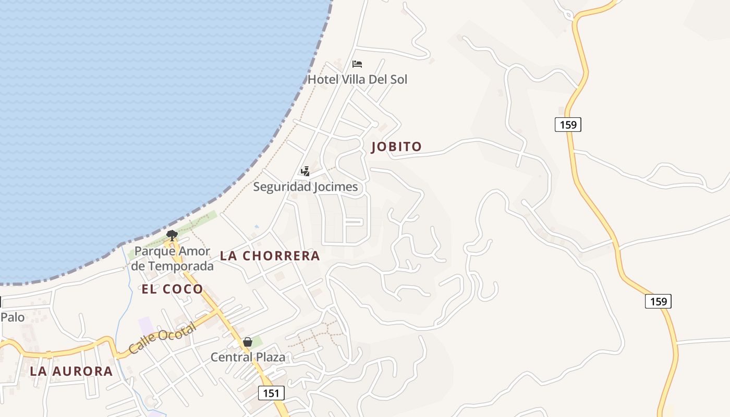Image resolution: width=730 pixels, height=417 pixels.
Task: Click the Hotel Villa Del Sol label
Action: pos(357,80)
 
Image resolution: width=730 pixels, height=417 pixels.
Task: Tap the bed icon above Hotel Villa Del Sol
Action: pos(357,64)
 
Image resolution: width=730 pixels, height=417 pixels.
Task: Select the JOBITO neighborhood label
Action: pos(396,147)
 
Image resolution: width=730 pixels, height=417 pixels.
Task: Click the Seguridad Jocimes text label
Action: pos(306,187)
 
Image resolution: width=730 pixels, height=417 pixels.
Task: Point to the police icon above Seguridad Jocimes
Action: pos(306,171)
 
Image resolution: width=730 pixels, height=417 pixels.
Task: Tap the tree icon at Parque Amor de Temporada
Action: pos(172,235)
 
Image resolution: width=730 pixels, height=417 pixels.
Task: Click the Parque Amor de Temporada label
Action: pos(172,259)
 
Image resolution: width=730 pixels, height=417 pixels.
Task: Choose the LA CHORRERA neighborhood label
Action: pos(270,256)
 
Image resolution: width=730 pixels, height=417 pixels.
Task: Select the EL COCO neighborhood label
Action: pos(172,289)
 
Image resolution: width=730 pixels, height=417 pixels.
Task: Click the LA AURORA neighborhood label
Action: pos(71,371)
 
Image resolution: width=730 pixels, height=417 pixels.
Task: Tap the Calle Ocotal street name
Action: pos(162,338)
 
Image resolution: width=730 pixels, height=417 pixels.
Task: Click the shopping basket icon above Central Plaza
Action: pos(248,342)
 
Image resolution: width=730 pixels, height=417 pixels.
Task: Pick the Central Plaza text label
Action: pos(248,358)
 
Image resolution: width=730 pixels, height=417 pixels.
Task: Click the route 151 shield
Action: pos(271,393)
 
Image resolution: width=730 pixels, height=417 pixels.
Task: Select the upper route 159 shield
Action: pos(567,125)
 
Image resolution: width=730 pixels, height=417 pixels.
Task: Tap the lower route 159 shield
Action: pos(658,301)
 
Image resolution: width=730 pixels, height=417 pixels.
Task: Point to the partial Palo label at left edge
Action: pos(12,317)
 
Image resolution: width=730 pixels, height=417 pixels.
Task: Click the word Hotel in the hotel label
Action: pos(323,80)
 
